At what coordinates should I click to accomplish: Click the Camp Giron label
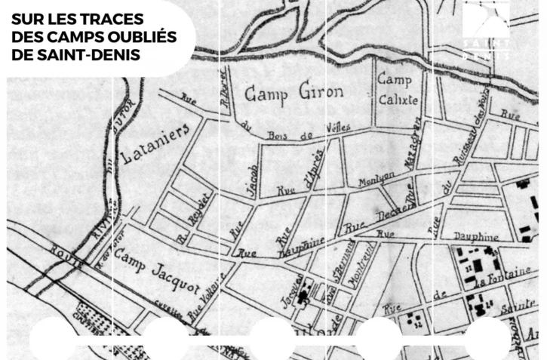click(293, 93)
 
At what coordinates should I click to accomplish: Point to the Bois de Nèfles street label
click(302, 132)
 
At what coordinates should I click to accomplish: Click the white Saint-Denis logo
click(487, 30)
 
